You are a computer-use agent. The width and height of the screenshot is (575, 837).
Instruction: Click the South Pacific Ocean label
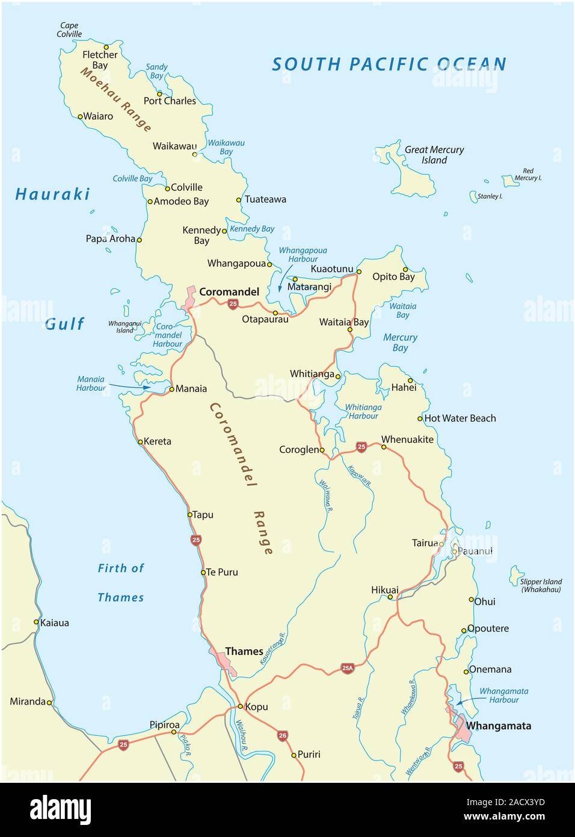pyautogui.click(x=389, y=64)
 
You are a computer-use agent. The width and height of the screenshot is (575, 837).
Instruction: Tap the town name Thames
pyautogui.click(x=244, y=651)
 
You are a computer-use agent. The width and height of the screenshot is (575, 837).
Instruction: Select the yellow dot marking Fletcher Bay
pyautogui.click(x=106, y=46)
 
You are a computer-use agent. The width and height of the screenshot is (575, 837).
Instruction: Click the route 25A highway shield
pyautogui.click(x=347, y=667)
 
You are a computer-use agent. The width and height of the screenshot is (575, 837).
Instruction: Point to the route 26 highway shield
pyautogui.click(x=283, y=735)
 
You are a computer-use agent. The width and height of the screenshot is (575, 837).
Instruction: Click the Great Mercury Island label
pyautogui.click(x=434, y=155)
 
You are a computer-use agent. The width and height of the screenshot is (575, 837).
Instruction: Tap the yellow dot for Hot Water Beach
pyautogui.click(x=420, y=419)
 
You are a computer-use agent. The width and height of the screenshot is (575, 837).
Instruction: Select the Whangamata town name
pyautogui.click(x=498, y=726)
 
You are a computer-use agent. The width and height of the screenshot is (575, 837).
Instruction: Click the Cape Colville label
pyautogui.click(x=69, y=30)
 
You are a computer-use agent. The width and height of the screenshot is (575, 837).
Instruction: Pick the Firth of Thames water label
pyautogui.click(x=121, y=582)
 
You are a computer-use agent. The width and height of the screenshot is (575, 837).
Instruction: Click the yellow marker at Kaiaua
pyautogui.click(x=36, y=622)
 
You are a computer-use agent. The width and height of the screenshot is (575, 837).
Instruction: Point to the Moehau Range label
pyautogui.click(x=116, y=99)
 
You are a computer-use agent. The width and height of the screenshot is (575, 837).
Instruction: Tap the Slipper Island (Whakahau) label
pyautogui.click(x=541, y=585)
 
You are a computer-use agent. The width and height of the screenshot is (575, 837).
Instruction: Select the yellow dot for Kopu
pyautogui.click(x=240, y=706)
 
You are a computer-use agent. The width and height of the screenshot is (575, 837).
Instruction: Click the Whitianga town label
pyautogui.click(x=312, y=374)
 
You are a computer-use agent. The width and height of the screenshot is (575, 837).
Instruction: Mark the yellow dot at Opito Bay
pyautogui.click(x=405, y=269)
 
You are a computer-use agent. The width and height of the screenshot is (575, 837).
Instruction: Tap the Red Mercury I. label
pyautogui.click(x=527, y=175)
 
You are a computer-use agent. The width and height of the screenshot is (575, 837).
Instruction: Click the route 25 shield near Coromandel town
pyautogui.click(x=233, y=305)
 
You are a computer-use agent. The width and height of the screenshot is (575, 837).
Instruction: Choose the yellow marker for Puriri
pyautogui.click(x=294, y=755)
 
